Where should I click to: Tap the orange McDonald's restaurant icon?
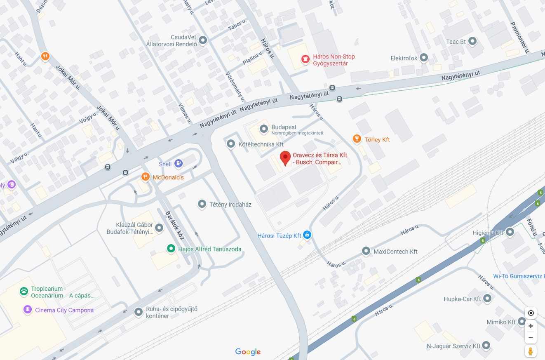[145, 177]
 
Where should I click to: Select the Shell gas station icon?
[178, 164]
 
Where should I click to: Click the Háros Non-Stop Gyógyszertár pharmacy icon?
[305, 60]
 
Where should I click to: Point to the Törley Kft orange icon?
[357, 139]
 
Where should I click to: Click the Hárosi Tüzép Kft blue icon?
[307, 235]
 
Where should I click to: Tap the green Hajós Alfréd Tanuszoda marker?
[171, 249]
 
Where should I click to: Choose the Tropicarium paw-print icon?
[24, 292]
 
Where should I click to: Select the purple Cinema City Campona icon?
[28, 310]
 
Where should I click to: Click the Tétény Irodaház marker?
[202, 204]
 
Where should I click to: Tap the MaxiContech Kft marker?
[366, 251]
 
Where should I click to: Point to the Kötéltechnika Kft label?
[261, 144]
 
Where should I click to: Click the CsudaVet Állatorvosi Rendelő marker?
[202, 40]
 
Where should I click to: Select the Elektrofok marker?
[424, 58]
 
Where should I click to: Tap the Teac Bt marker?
[472, 41]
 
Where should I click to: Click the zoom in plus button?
[531, 326]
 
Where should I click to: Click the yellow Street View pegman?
[531, 351]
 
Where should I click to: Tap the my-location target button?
[531, 313]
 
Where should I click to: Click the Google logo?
[248, 352]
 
